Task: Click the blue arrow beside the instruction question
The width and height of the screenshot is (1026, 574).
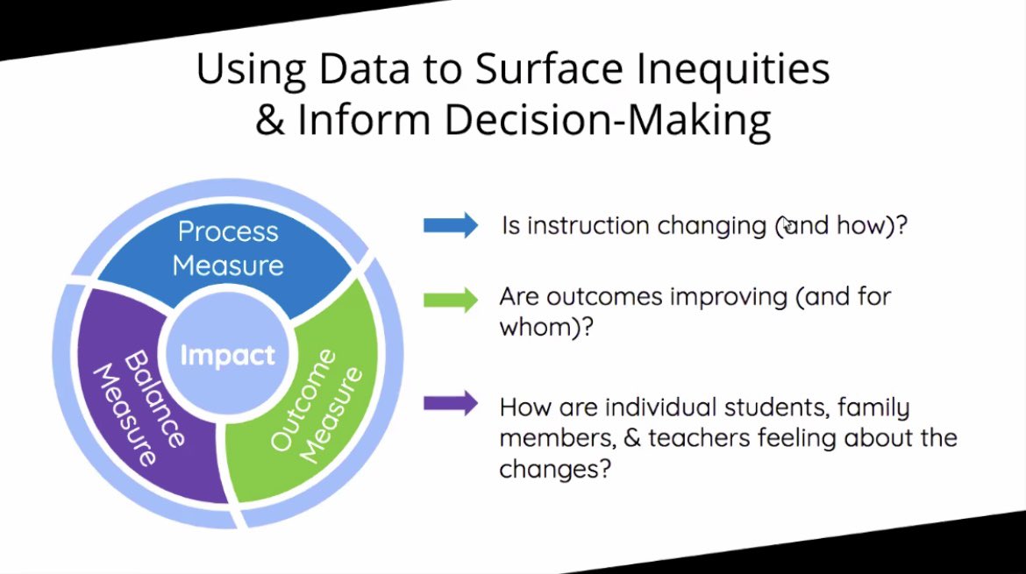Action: pos(450,226)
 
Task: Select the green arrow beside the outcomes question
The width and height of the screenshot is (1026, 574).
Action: pos(450,299)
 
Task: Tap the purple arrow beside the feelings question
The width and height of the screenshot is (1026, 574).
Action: pos(450,404)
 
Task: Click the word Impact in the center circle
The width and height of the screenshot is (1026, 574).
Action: pos(227,356)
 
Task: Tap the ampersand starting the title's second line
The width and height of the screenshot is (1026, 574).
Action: pos(271,121)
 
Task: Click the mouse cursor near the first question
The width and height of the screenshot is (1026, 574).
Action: pos(787,225)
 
